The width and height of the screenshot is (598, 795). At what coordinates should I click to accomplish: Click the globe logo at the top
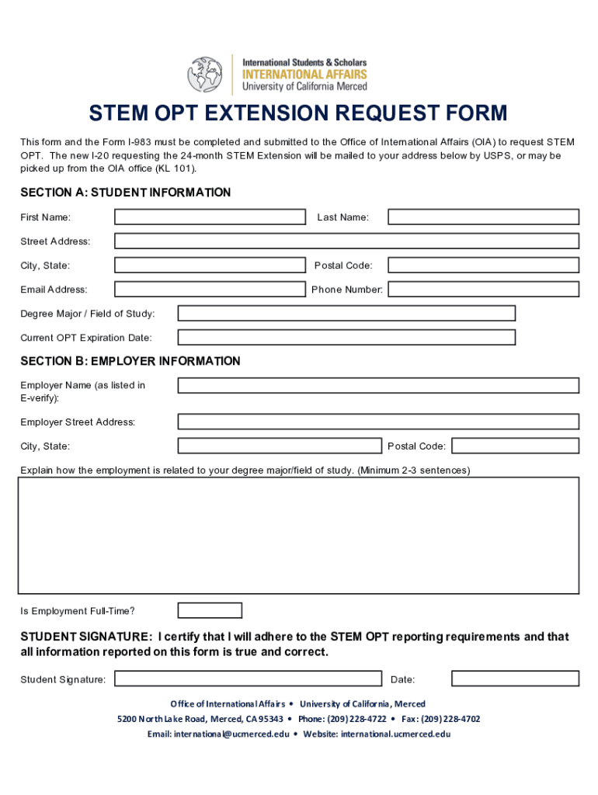(x=205, y=75)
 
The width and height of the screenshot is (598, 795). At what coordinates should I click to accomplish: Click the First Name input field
(x=210, y=217)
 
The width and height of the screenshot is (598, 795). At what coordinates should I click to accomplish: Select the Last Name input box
(x=483, y=217)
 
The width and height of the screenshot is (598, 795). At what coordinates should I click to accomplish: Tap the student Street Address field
(x=346, y=241)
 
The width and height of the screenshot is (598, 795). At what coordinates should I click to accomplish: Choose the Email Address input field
(x=210, y=290)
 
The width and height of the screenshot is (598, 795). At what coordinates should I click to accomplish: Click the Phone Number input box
(x=483, y=290)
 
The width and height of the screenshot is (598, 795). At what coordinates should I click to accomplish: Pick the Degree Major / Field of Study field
(x=346, y=314)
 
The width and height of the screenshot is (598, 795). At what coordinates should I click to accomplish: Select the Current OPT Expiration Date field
(x=346, y=338)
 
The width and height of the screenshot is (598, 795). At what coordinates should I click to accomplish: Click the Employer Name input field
(x=378, y=386)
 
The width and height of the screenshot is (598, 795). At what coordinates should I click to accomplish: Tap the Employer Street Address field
(x=378, y=422)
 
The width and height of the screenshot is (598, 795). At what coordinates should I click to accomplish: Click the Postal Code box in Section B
(x=515, y=446)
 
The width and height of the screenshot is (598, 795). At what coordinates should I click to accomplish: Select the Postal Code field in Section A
(x=483, y=266)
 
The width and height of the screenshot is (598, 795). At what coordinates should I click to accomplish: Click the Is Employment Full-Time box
(x=210, y=611)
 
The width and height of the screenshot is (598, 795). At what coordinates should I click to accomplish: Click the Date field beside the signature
(x=515, y=679)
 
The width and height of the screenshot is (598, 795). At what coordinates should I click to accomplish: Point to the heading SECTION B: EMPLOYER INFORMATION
(x=130, y=362)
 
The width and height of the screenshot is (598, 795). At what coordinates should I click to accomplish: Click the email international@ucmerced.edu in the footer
(x=231, y=734)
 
